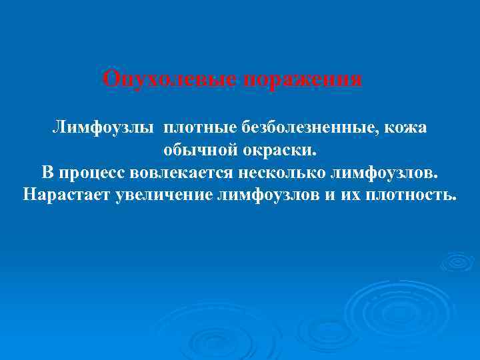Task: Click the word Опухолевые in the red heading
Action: tap(171, 79)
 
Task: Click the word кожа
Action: tap(406, 127)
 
